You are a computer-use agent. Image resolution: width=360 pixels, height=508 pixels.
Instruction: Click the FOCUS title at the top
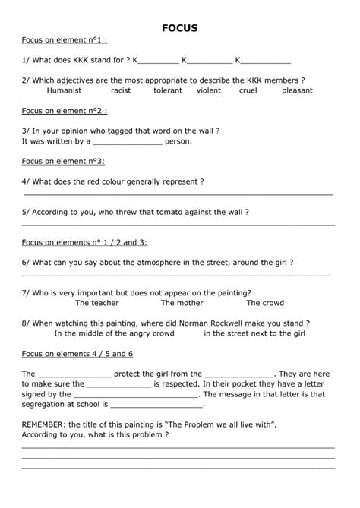tap(180, 28)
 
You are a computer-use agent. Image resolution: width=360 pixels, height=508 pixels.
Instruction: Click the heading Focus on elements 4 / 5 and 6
tap(77, 354)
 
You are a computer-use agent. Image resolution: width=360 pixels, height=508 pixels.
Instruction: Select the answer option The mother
tap(182, 303)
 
